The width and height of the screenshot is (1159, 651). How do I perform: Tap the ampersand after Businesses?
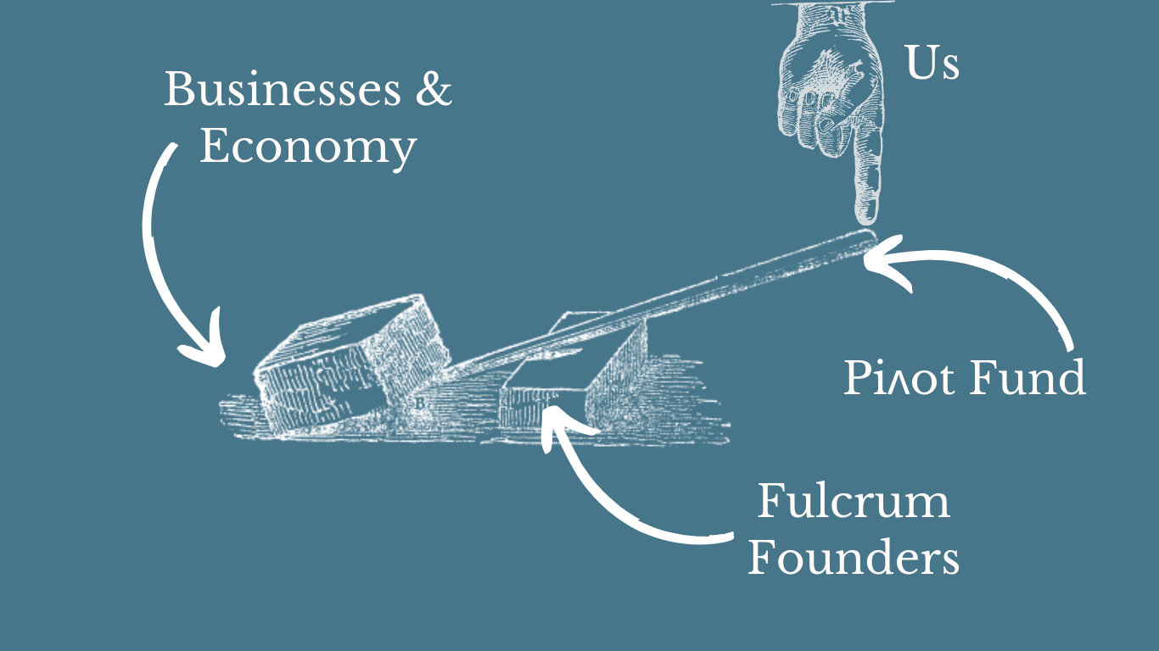433,90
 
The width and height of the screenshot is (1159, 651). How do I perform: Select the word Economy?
308,147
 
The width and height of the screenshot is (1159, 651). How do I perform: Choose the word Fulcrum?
853,502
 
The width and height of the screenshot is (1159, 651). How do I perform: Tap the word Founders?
853,559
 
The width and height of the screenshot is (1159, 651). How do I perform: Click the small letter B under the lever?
418,403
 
